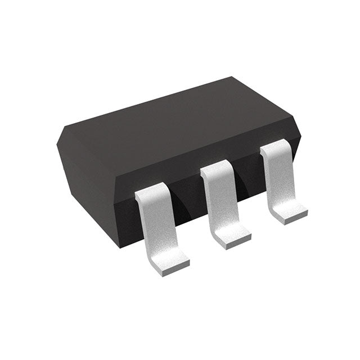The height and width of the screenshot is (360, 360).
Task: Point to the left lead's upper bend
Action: [150, 194]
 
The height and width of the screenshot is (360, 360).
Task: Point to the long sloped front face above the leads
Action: [186, 160]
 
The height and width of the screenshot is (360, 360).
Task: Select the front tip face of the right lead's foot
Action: [293, 220]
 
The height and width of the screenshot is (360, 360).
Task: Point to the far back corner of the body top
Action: [232, 78]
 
